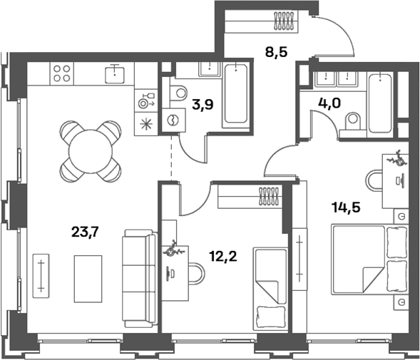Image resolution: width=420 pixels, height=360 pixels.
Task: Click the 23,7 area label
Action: [85, 232]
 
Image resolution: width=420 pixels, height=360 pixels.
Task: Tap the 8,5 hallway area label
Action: [276, 52]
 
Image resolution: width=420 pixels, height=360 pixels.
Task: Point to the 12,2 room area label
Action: [223, 257]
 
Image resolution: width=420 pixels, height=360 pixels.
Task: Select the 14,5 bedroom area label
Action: [346, 207]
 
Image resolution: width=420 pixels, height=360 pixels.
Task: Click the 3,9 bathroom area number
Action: [203, 105]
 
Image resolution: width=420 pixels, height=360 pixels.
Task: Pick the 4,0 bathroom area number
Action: [329, 103]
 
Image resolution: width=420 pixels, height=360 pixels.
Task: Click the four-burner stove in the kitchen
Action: [61, 73]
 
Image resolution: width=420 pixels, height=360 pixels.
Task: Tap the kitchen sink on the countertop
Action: [115, 74]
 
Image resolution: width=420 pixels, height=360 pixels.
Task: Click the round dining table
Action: [91, 152]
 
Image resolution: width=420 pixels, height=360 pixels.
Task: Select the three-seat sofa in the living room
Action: [139, 279]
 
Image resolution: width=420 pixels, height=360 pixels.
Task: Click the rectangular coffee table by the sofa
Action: [88, 279]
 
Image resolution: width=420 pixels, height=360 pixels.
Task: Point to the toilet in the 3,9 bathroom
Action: [178, 93]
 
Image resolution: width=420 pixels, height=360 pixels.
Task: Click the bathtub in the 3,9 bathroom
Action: [236, 95]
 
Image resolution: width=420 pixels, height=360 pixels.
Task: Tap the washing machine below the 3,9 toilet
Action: [173, 120]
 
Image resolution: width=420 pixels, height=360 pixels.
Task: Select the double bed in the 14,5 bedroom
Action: [369, 259]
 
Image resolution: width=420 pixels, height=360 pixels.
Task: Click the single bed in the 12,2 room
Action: [270, 289]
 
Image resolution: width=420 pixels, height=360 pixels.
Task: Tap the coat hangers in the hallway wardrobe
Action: [283, 21]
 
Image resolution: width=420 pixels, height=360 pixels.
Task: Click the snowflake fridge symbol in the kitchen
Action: [146, 124]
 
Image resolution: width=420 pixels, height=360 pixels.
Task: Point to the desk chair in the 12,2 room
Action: [197, 273]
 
